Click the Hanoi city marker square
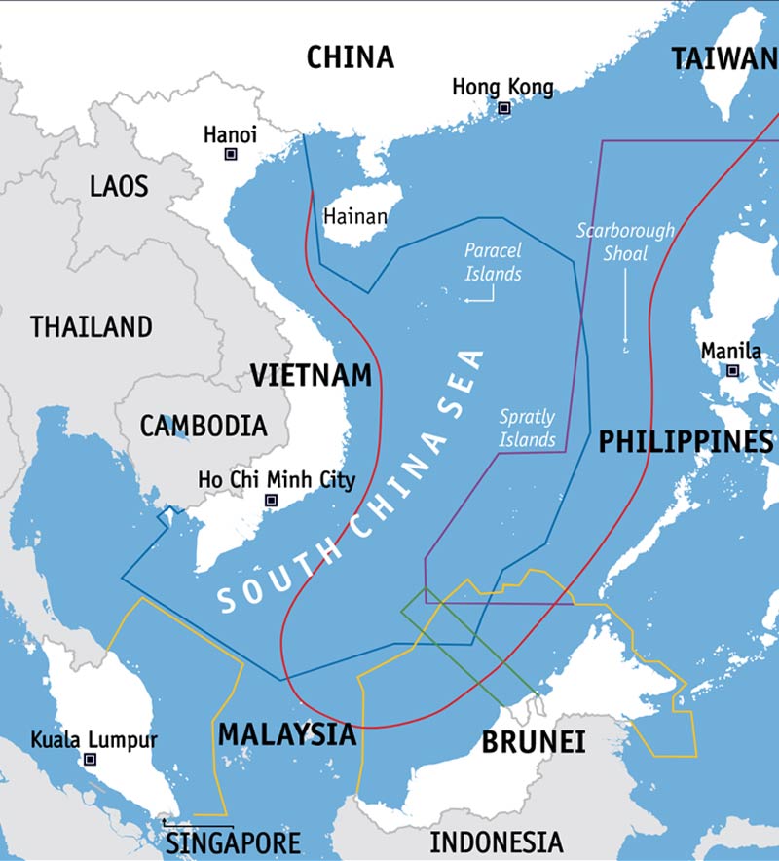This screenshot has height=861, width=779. tap(231, 154)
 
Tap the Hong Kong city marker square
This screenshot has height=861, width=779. tap(504, 108)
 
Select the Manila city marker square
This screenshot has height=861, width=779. tap(731, 370)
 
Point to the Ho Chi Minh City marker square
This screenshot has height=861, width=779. tap(272, 500)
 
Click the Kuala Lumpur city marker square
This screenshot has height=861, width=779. tap(91, 759)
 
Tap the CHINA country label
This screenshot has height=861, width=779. tap(351, 57)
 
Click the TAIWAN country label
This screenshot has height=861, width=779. tap(724, 58)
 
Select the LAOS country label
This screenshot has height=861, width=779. tap(119, 185)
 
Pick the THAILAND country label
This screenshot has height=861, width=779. tap(92, 326)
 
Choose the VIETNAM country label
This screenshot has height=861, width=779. tap(311, 375)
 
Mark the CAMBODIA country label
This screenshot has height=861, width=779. tap(204, 426)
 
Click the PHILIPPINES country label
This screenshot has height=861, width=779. tap(686, 441)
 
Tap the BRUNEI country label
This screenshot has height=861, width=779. tap(534, 742)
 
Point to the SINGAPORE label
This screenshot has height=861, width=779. tap(233, 842)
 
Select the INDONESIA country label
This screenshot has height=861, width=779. tap(497, 842)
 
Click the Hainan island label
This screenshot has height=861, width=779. tap(355, 217)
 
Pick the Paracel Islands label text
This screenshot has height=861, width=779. tap(493, 262)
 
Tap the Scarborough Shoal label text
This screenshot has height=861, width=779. tap(625, 242)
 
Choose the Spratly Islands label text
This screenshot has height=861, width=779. tap(527, 428)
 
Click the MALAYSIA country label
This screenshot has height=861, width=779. tap(287, 733)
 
